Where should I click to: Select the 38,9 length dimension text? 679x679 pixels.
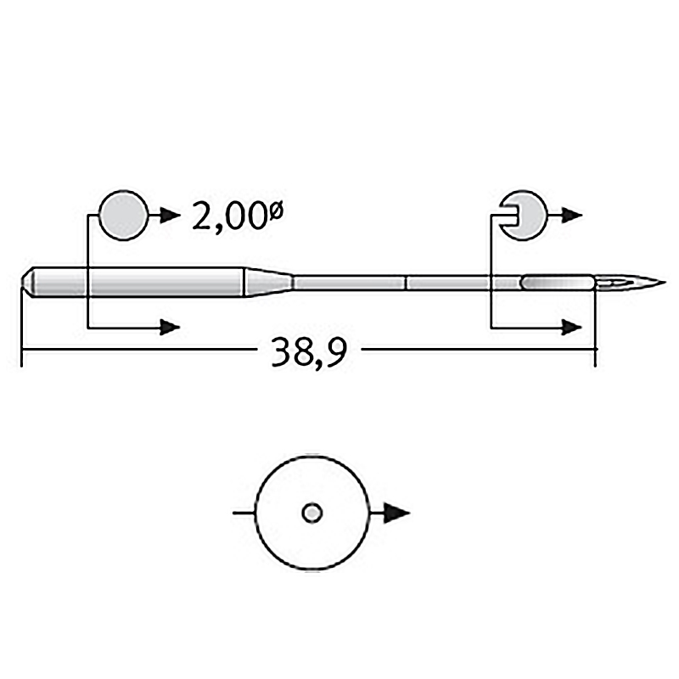point(309,351)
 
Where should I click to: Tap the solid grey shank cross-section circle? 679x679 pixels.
point(124,215)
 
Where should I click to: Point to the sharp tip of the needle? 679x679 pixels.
point(665,283)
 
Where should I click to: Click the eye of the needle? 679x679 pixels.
point(614,283)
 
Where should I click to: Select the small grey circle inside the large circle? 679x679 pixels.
point(311,513)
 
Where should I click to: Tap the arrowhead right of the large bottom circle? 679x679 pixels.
point(396,513)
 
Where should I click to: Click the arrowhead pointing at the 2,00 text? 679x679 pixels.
point(170,215)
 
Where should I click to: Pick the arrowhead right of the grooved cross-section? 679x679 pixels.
point(571,215)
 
